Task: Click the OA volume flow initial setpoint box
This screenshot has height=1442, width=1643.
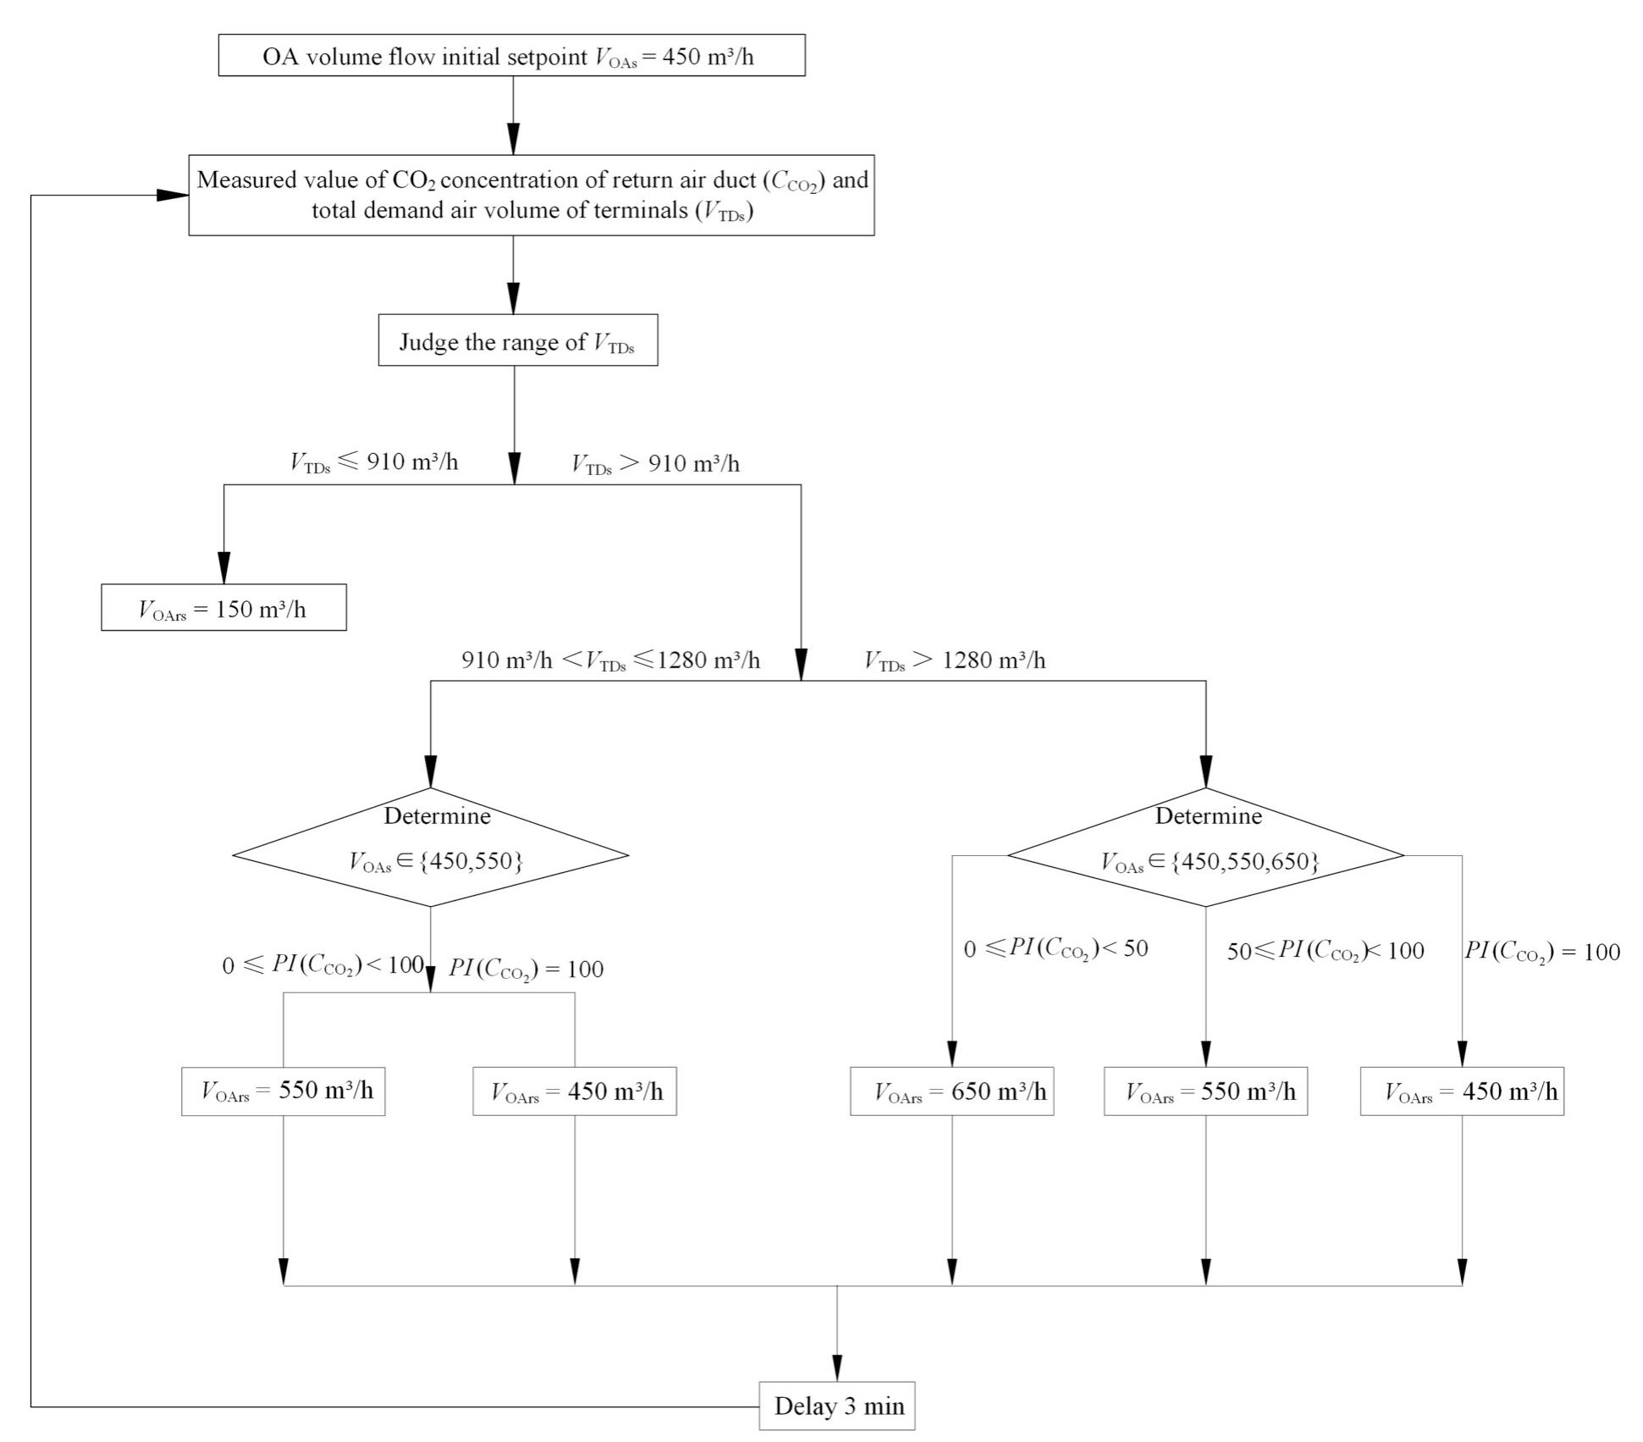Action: coord(511,56)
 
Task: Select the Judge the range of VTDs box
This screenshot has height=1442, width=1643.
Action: coord(517,341)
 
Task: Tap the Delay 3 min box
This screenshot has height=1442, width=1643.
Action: coord(836,1406)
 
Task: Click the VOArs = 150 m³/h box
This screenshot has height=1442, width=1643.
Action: coord(223,608)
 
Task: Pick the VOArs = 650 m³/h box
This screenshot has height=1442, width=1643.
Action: coord(951,1091)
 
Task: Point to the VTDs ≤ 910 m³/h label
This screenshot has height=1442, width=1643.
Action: coord(373,462)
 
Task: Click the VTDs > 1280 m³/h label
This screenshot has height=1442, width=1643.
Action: coord(954,660)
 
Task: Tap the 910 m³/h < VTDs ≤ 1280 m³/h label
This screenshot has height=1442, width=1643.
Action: coord(609,660)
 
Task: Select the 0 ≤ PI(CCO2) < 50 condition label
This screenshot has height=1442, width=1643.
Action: coord(1056,949)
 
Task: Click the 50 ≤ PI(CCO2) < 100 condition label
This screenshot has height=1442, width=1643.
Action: coord(1325,951)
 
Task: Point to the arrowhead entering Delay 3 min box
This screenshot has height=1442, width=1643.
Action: coord(837,1368)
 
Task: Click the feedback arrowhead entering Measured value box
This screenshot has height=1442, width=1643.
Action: coord(174,196)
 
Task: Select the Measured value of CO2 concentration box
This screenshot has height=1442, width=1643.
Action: coord(531,195)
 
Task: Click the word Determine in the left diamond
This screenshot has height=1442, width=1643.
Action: coord(437,816)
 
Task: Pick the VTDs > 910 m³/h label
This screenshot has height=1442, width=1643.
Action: coord(655,464)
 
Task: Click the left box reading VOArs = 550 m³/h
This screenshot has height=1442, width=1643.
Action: coord(283,1091)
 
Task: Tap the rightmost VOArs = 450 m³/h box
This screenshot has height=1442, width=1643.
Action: coord(1462,1091)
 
